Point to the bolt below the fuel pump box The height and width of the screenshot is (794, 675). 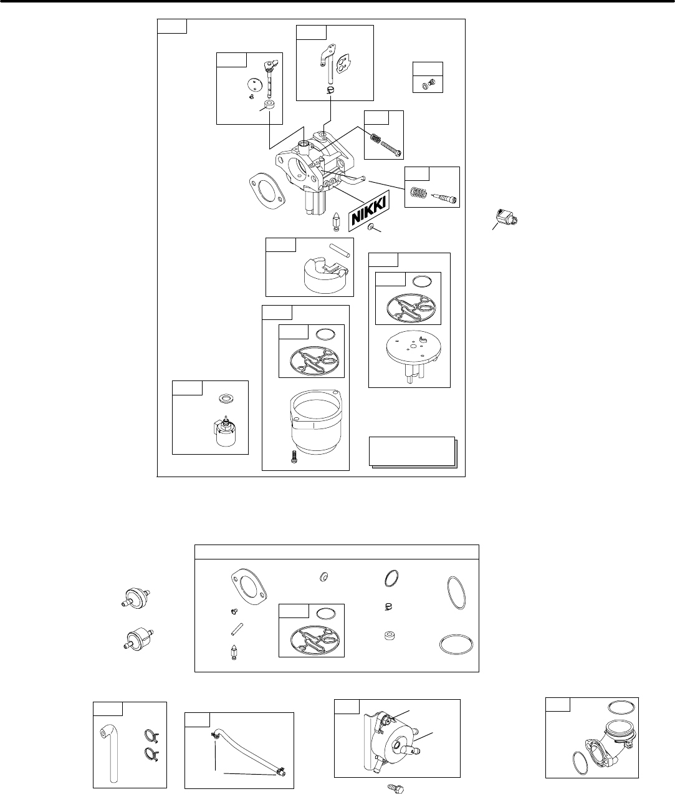click(396, 787)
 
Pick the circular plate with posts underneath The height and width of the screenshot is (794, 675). click(409, 350)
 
